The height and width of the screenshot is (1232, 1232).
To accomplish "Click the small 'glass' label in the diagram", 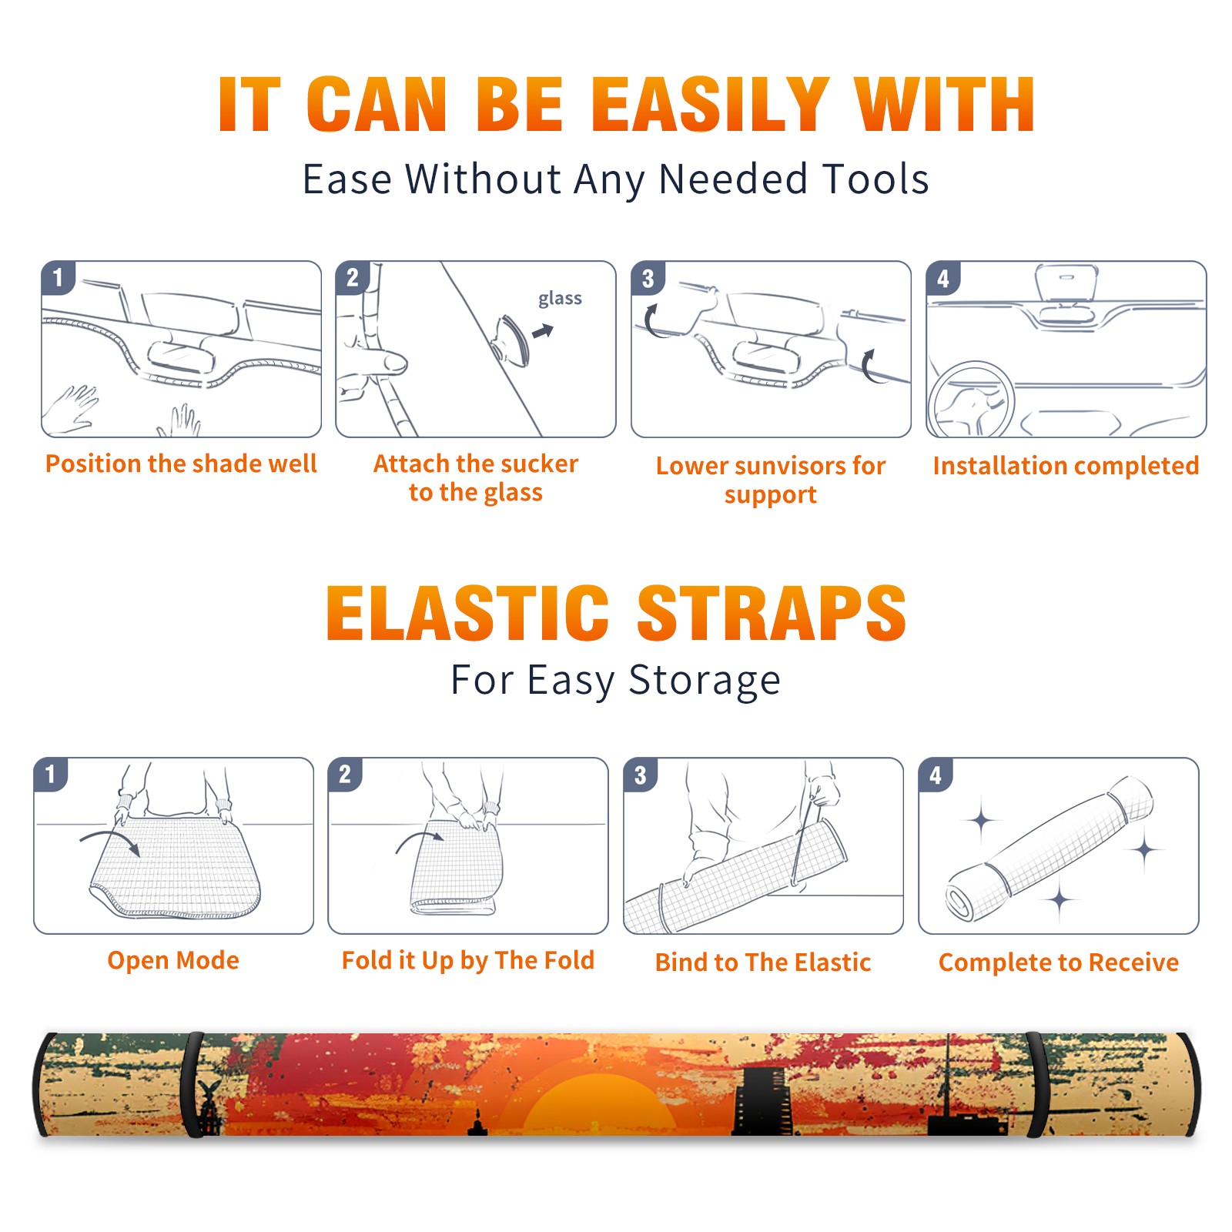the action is coord(560,299).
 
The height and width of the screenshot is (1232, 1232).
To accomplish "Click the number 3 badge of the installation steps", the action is coord(648,279).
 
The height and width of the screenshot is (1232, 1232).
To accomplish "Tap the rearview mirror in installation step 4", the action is coord(1066,283).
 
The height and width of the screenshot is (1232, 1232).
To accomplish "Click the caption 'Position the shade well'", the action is coord(181,464).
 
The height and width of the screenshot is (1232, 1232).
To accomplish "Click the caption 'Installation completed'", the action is coord(1066,466).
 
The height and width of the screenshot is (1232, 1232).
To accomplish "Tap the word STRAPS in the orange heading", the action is coord(772,613).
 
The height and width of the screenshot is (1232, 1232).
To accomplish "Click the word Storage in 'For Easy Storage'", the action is coord(705,681).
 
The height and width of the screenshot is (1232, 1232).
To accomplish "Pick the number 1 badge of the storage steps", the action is coord(51,775).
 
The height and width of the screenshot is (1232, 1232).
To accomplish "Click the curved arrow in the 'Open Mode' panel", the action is coord(110,839).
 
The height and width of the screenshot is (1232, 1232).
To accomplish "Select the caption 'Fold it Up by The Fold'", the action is coord(468,961).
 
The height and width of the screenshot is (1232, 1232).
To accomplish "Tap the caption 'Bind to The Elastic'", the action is coord(763,962).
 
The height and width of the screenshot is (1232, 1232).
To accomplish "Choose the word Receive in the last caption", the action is coord(1133,962).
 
